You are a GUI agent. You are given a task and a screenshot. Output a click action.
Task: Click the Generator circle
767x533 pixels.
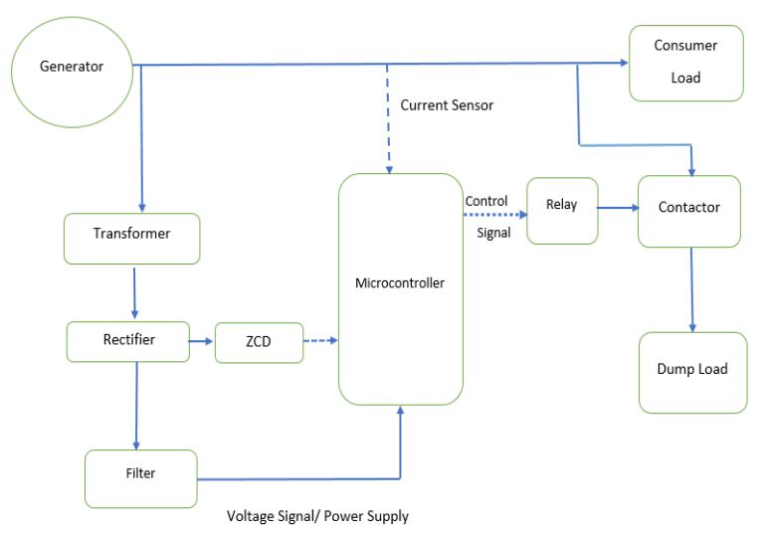click(x=71, y=68)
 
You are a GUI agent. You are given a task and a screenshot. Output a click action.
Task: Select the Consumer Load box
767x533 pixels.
click(x=685, y=63)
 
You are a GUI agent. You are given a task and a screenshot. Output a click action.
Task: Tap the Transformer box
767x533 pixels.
click(x=131, y=235)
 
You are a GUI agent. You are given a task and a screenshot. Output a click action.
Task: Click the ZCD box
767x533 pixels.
click(x=258, y=342)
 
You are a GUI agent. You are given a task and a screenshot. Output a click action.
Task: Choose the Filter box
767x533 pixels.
click(x=140, y=473)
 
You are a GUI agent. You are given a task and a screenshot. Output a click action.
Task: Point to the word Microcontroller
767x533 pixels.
click(x=400, y=283)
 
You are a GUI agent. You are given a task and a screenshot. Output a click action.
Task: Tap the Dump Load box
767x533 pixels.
click(x=692, y=370)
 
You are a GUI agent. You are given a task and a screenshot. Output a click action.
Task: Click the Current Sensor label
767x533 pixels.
click(x=447, y=104)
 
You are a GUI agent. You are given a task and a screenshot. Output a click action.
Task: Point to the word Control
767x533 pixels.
click(x=486, y=201)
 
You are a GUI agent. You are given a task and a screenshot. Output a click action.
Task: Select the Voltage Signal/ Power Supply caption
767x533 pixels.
click(x=317, y=516)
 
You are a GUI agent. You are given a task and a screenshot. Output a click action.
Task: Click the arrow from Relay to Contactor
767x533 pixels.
click(x=618, y=209)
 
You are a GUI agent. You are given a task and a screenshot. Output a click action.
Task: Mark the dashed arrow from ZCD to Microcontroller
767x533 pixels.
click(x=319, y=342)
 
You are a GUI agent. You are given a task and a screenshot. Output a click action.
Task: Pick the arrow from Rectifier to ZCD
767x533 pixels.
click(x=200, y=341)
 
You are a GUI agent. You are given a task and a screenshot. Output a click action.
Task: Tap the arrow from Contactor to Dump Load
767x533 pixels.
click(x=692, y=289)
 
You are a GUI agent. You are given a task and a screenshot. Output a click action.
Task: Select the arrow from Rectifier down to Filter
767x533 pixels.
click(x=137, y=405)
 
